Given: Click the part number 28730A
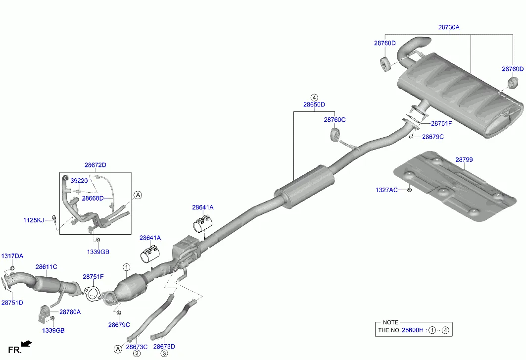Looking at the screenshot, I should click(449, 27).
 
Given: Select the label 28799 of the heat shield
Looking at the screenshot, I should click(464, 160).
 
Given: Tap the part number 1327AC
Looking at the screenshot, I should click(386, 190).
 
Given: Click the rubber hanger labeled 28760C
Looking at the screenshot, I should click(334, 134).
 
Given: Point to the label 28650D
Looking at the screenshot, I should click(314, 104).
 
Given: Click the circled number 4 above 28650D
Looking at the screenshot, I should click(314, 97).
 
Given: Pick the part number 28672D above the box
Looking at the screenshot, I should click(95, 165).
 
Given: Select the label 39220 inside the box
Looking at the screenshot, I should click(79, 181).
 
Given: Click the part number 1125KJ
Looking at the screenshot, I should click(34, 220).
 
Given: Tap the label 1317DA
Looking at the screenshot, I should click(12, 256).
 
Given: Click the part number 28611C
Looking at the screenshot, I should click(46, 266).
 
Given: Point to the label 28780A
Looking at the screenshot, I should click(70, 312).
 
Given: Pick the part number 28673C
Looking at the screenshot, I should click(137, 347).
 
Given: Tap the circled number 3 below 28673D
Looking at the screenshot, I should click(164, 354).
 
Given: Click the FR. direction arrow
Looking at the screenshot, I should click(27, 343).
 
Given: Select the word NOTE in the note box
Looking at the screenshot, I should click(390, 322).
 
